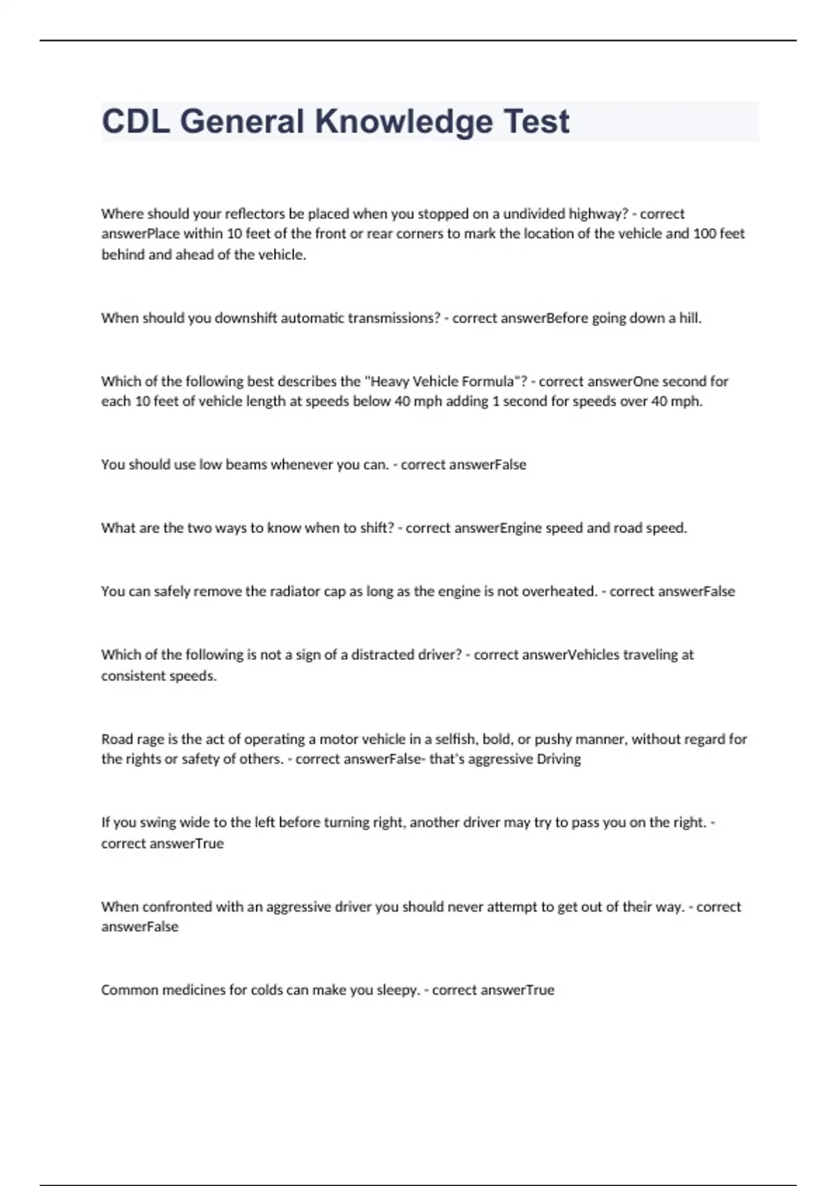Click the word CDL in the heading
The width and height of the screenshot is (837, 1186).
point(135,121)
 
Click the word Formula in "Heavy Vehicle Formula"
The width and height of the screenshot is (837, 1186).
point(488,381)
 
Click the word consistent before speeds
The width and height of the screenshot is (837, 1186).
point(133,676)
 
